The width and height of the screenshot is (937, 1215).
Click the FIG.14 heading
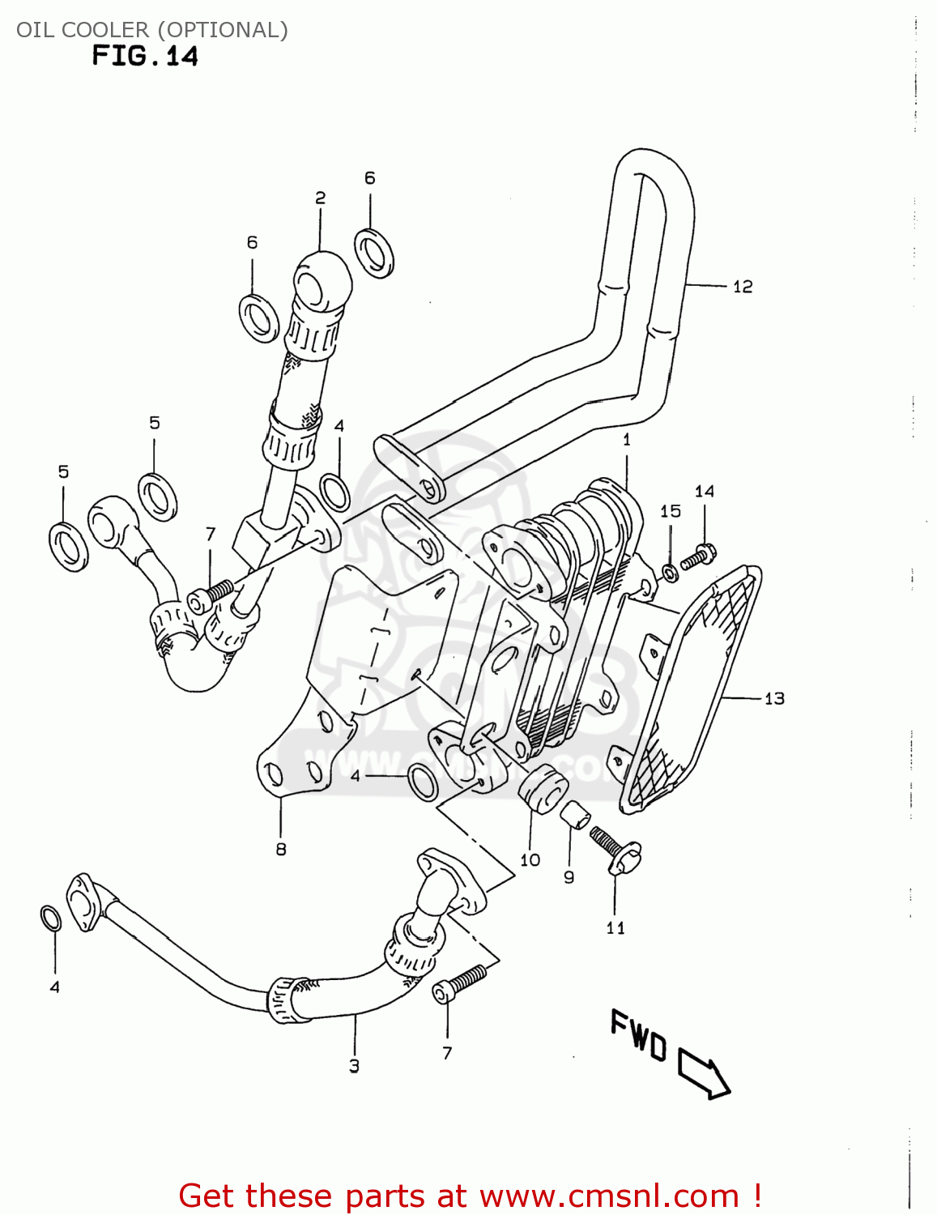coord(145,56)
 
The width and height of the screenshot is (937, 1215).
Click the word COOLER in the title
coord(105,30)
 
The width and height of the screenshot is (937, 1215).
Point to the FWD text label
coord(638,1034)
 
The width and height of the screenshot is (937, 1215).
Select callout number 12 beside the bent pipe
coord(742,287)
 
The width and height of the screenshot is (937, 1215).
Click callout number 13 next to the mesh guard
coord(774,698)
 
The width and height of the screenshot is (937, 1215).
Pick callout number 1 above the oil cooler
coord(626,440)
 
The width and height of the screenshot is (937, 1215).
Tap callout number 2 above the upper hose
coord(320,198)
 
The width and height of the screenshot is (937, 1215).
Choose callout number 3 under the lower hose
coord(354,1066)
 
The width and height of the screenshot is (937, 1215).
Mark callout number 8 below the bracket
coord(281,849)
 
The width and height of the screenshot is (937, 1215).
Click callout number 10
coord(530,859)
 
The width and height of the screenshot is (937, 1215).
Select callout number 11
coord(615,927)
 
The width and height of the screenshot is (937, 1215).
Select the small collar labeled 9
coord(575,814)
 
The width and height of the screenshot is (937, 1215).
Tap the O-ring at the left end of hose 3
coord(50,919)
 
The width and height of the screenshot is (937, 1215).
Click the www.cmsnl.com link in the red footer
coord(609,1196)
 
